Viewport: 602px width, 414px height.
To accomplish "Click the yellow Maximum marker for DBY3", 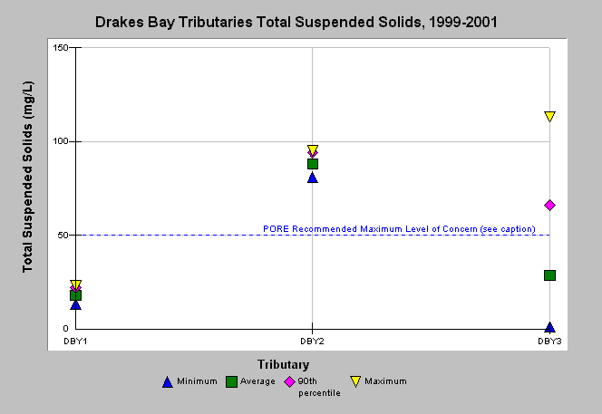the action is tap(549, 116).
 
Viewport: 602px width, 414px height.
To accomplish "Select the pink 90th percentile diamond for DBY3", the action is tap(549, 206).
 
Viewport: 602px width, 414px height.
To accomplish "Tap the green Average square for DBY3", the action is tap(549, 275).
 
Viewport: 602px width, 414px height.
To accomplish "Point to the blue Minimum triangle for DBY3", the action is tap(549, 327).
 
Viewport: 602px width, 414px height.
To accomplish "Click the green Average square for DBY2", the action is tap(313, 164).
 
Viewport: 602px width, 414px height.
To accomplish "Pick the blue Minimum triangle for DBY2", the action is tap(313, 178).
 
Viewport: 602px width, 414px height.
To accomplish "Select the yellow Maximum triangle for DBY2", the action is tap(313, 149).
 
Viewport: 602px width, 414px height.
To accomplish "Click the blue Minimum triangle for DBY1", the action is tap(75, 304).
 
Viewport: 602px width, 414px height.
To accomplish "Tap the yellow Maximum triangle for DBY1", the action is tap(75, 284).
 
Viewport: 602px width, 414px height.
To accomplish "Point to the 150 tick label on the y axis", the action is tap(60, 48).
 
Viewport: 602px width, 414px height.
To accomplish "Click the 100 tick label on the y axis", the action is tap(60, 141).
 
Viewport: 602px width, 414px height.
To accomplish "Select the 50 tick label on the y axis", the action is tap(63, 235).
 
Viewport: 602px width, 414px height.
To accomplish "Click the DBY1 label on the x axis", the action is tap(75, 342).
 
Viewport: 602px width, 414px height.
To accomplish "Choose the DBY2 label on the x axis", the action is tap(312, 342).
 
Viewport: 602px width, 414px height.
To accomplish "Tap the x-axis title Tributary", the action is tap(284, 364).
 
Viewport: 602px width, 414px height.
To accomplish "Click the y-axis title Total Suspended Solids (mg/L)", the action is tap(27, 177).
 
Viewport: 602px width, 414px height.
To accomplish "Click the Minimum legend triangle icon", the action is tap(168, 382).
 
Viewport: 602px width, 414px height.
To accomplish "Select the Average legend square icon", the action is tap(231, 381).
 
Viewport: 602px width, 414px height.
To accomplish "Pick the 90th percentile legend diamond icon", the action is tap(289, 381).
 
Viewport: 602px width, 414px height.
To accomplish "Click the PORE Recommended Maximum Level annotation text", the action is tap(399, 229).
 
